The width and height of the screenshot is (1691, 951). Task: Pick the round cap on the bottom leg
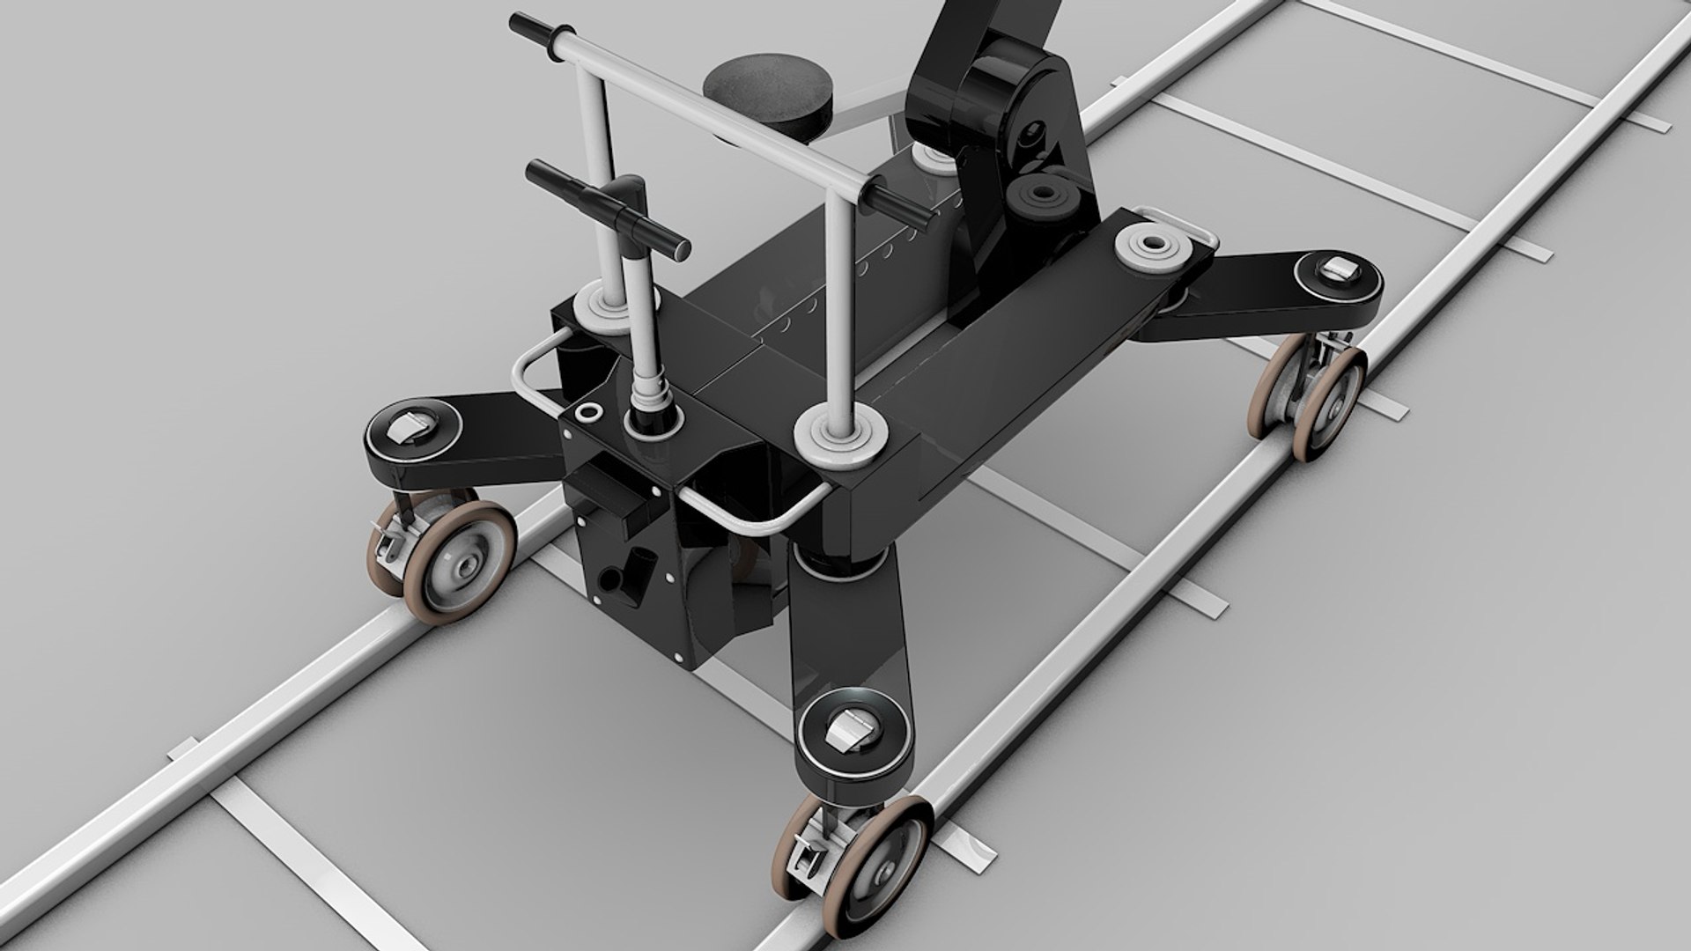(849, 727)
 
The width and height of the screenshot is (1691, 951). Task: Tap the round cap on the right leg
(1337, 276)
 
